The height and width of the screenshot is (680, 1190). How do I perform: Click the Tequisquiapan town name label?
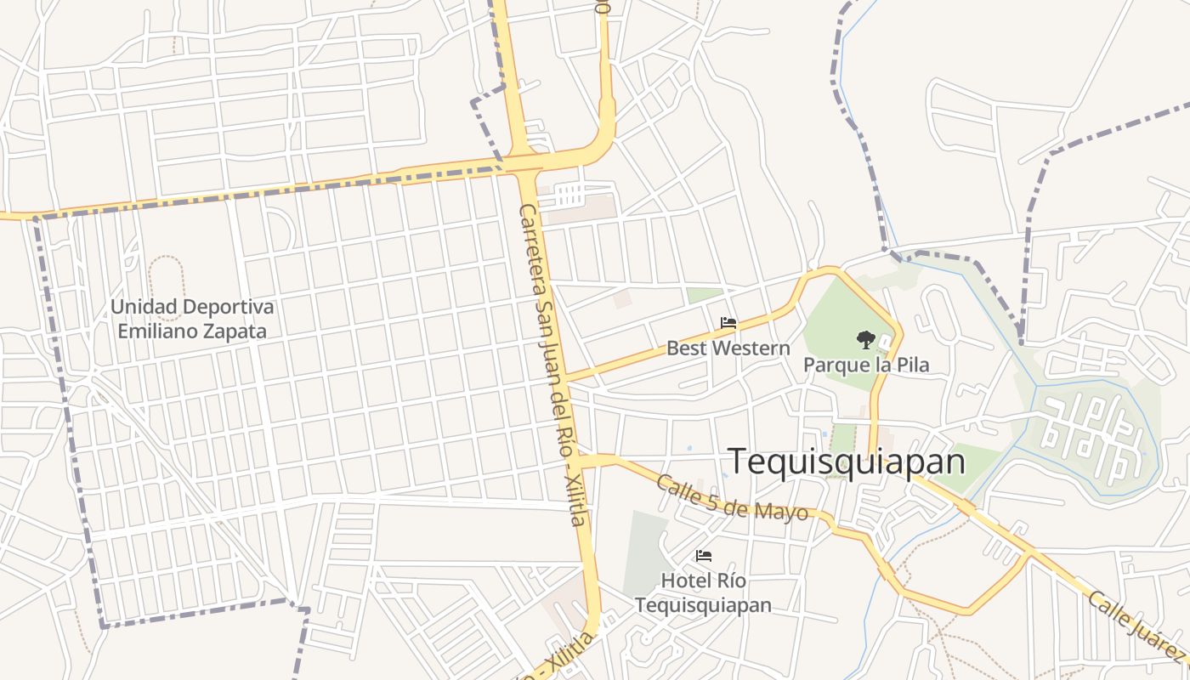coord(847,462)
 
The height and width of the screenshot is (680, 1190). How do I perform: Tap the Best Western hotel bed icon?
coord(728,323)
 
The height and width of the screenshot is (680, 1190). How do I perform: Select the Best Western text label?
coord(728,348)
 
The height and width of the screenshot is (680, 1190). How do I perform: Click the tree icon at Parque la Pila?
coord(865,340)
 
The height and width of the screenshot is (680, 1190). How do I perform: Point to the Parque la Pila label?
coord(866,365)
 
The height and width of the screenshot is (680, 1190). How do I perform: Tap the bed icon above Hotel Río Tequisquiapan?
coord(704,556)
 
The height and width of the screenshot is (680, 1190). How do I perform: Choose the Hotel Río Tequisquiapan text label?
coord(703,593)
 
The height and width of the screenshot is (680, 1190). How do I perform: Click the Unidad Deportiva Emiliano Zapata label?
coord(192,319)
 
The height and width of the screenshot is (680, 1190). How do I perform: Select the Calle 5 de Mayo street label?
coord(732,497)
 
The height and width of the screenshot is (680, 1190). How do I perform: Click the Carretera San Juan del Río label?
coord(551,340)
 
